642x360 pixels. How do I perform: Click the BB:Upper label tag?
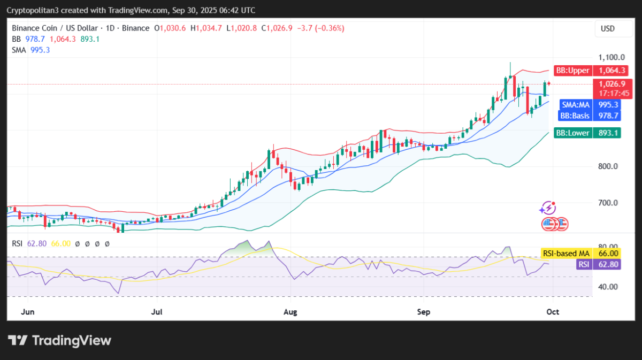[x=572, y=71]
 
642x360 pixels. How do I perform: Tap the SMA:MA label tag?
[x=575, y=104]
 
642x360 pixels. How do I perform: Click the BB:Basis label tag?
[x=574, y=115]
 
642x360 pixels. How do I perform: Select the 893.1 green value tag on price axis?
[x=607, y=133]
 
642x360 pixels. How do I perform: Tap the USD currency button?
[x=608, y=28]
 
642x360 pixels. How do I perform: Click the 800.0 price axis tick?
[x=608, y=166]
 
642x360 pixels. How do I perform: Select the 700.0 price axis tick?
[x=608, y=203]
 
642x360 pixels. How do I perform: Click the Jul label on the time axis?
[x=157, y=311]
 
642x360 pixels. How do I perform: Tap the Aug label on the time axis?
[x=290, y=311]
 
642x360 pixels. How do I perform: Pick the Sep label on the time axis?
[x=423, y=311]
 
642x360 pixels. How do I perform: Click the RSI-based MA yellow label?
[x=565, y=254]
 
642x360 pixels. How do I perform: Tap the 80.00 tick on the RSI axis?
[x=608, y=246]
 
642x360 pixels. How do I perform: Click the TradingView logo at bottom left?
[x=59, y=341]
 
